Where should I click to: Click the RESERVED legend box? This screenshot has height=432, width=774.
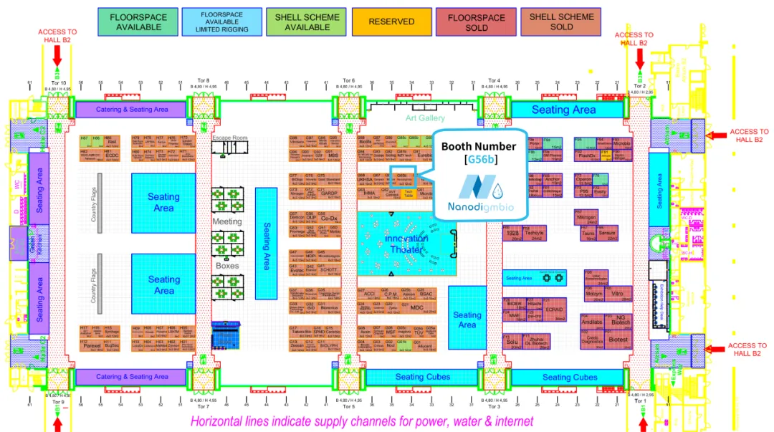pos(391,21)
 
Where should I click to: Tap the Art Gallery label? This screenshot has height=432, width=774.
pos(425,117)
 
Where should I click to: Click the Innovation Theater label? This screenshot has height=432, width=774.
pos(406,244)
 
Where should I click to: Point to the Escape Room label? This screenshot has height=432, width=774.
pos(229,138)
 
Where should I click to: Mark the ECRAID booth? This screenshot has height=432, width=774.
pos(554,309)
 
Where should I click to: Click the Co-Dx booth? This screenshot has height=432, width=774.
pos(329,218)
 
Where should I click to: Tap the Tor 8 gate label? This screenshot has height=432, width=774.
pos(203,80)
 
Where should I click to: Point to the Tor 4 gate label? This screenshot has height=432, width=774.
pos(493,80)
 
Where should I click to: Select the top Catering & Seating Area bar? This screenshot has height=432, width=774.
pos(131,109)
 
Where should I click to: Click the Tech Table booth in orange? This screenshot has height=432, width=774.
pos(408,193)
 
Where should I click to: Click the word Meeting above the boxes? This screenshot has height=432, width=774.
pos(227,222)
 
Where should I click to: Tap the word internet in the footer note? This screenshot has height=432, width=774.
pos(508,421)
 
